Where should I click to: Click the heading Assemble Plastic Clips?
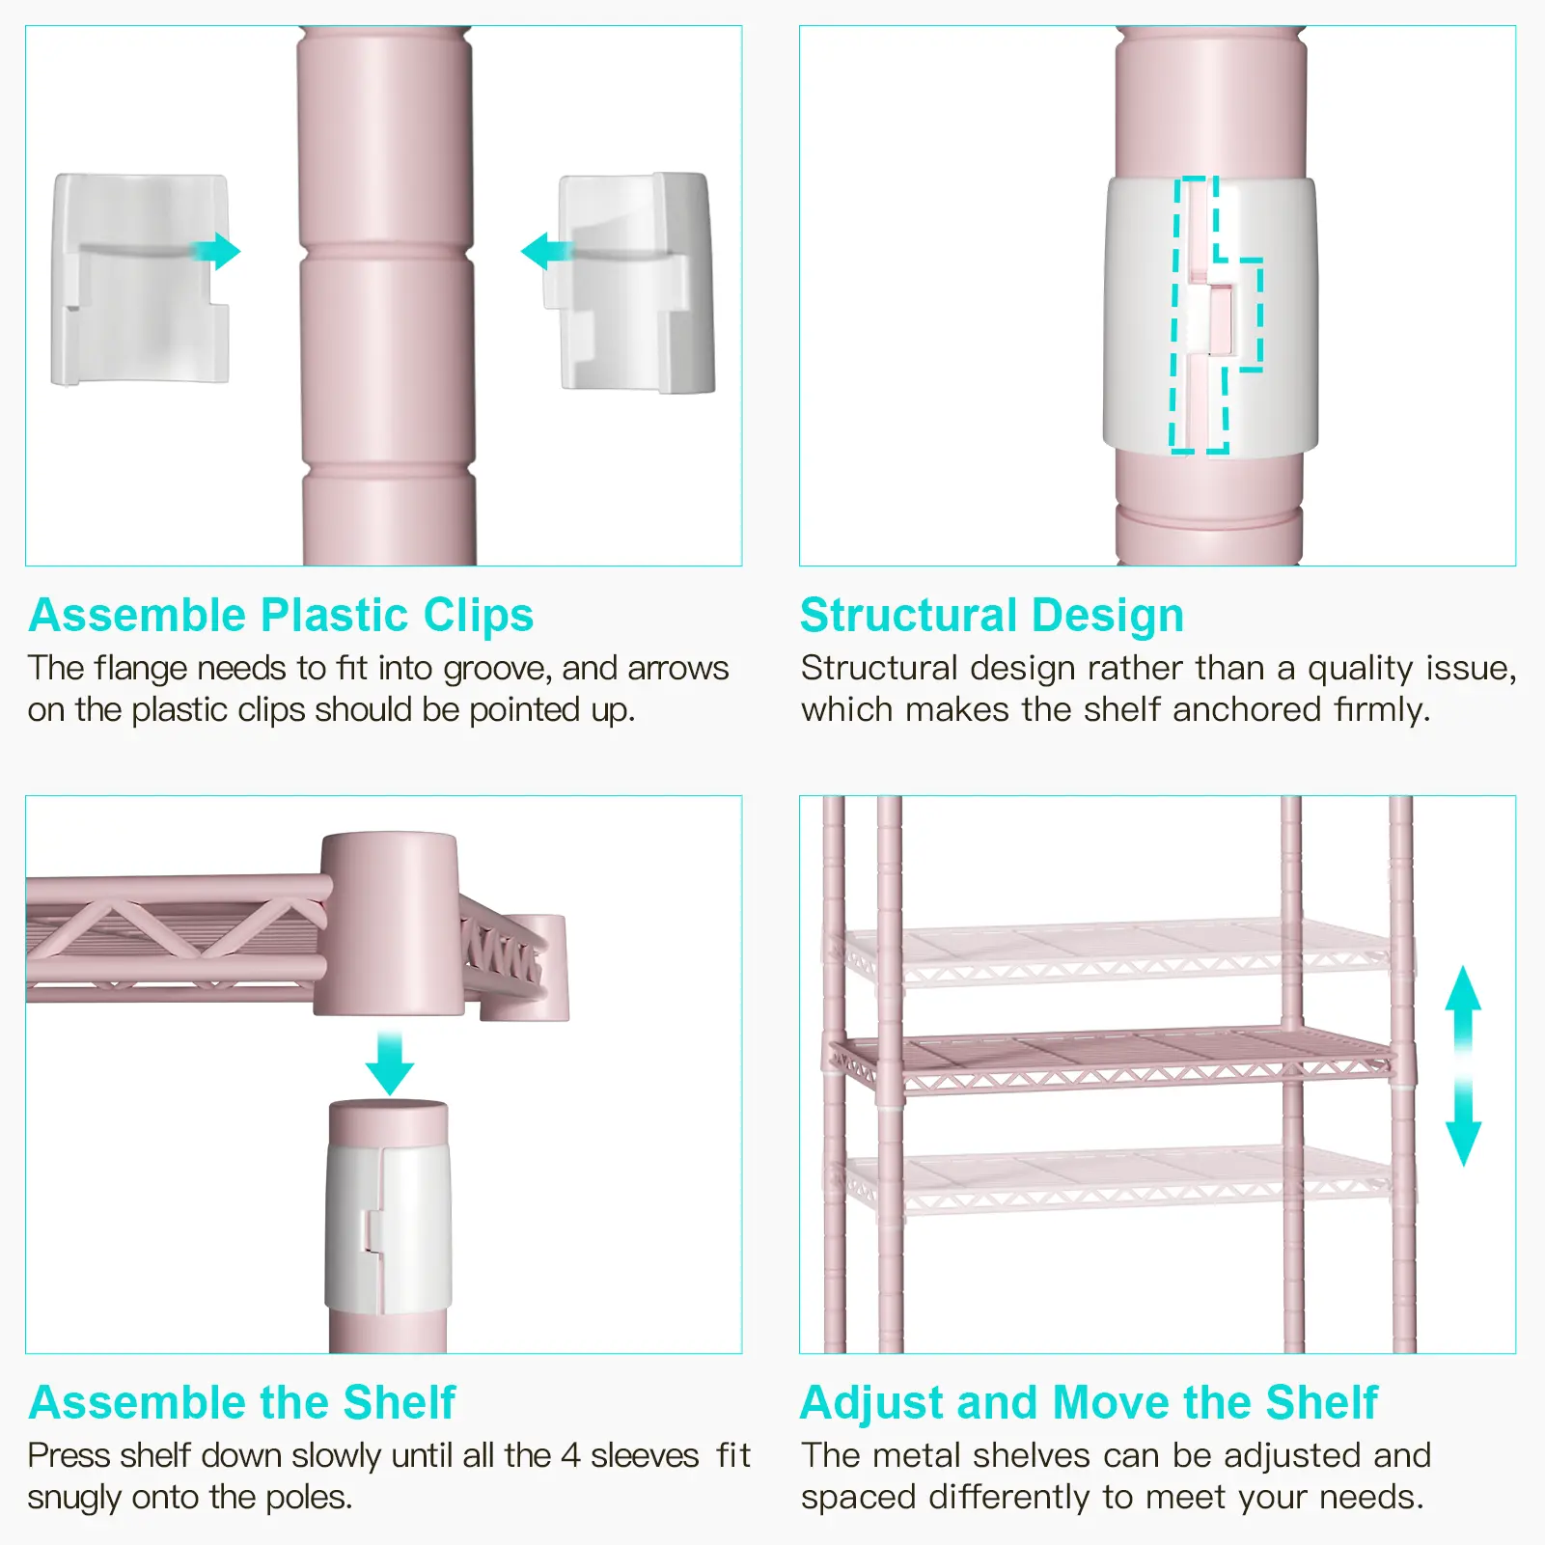tap(281, 616)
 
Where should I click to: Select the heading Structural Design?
tap(992, 616)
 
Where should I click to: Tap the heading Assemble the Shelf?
tap(241, 1402)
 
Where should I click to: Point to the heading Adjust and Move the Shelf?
tap(1090, 1402)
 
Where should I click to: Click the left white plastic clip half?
tap(141, 280)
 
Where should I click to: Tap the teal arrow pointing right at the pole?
tap(214, 251)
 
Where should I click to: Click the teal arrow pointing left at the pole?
tap(546, 252)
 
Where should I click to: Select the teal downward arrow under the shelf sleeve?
tap(390, 1062)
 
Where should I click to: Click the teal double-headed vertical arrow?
tap(1463, 1066)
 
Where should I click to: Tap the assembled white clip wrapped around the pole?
tap(1211, 317)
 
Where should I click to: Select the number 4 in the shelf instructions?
tap(570, 1455)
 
